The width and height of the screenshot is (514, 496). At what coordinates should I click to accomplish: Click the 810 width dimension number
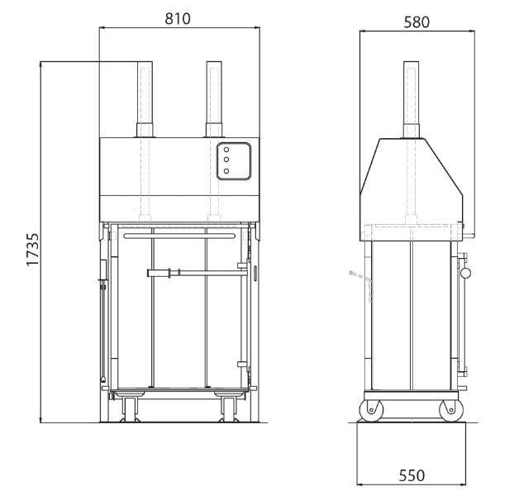tap(178, 19)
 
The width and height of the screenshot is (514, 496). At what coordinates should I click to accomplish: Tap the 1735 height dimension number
tap(33, 249)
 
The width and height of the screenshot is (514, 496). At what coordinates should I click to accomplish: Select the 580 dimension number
tap(416, 22)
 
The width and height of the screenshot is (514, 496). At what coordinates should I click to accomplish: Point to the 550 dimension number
tap(412, 475)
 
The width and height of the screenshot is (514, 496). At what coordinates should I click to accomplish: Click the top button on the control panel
tap(226, 150)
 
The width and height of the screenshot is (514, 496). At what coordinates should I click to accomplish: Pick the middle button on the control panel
tap(226, 160)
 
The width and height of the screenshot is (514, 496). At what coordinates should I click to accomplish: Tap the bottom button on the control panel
tap(226, 171)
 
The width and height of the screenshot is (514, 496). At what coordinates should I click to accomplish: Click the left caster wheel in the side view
tap(371, 410)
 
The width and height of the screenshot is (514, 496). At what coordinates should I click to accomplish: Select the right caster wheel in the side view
tap(451, 410)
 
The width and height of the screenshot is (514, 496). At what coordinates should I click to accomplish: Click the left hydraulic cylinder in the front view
tap(145, 99)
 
